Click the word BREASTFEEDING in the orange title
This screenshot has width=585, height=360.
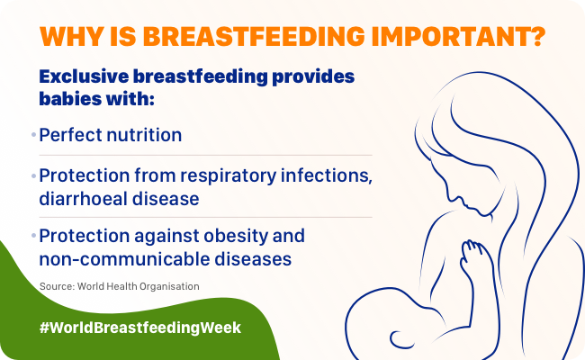pos(254,37)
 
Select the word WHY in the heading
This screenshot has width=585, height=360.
pos(72,37)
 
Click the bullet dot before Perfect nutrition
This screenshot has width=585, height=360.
pos(33,134)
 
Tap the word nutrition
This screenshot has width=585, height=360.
pos(144,135)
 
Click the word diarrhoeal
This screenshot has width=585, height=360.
pos(83,198)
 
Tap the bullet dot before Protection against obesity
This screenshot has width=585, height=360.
pos(33,236)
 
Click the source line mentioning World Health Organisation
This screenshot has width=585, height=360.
pos(120,286)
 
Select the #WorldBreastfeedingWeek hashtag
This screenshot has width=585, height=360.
pos(140,328)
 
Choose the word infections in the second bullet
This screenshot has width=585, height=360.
pos(327,175)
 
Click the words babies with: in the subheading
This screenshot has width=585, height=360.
pos(96,99)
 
